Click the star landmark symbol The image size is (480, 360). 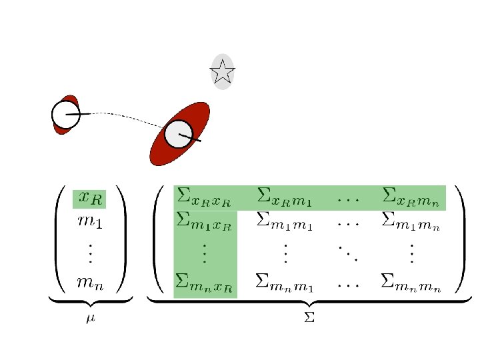pos(223,71)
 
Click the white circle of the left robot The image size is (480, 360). pos(65,115)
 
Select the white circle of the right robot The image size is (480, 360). pos(179,134)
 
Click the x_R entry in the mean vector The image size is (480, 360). pos(89,198)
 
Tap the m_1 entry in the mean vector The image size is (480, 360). pos(89,221)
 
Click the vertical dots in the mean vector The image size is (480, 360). pos(90,253)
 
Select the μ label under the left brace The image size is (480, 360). pos(91,319)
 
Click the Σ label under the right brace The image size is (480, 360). pos(309,319)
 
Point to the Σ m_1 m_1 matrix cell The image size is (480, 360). pos(285,221)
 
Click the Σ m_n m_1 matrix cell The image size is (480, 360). pos(285,283)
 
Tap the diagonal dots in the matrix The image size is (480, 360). pos(347,252)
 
